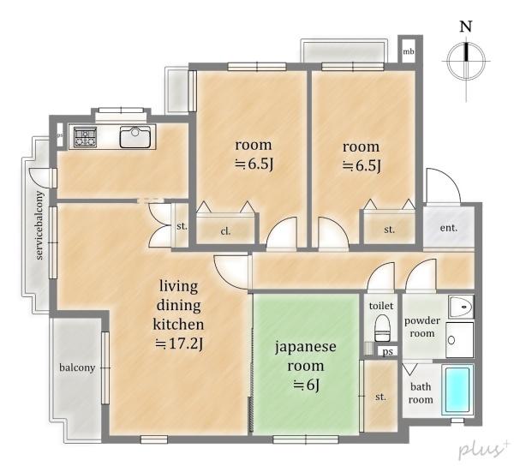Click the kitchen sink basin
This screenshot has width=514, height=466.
tap(135, 137)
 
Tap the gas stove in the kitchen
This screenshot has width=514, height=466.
tap(85, 137)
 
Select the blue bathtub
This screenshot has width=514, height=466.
tap(457, 390)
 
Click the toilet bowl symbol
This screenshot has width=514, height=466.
tap(382, 328)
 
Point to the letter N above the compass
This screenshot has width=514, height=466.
tap(466, 27)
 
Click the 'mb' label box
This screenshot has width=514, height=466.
tap(409, 51)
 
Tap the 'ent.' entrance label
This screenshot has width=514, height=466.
tap(448, 228)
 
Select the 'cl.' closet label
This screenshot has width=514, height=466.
tap(225, 231)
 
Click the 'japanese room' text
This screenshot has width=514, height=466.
tap(306, 355)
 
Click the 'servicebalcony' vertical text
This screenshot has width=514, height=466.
tap(39, 225)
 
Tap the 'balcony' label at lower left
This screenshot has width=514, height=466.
tap(77, 367)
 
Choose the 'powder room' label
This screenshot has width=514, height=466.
tap(422, 327)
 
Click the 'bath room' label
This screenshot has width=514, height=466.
tap(421, 393)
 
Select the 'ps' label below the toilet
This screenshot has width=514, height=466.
tap(388, 351)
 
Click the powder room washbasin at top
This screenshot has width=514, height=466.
tap(461, 307)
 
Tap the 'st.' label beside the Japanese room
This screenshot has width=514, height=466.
tap(380, 397)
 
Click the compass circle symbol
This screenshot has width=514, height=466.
tap(466, 62)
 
